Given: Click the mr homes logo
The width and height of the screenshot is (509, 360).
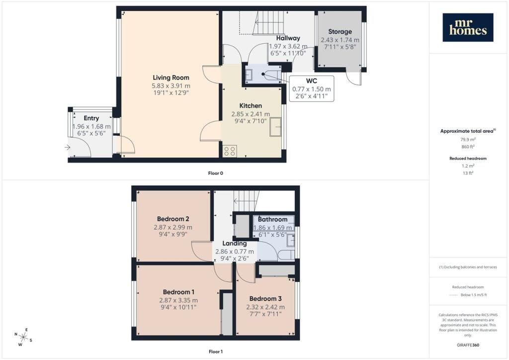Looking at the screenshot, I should pyautogui.click(x=468, y=27).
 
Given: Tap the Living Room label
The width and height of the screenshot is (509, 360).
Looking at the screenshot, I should pyautogui.click(x=170, y=78).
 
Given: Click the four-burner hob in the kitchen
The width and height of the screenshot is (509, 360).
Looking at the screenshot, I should pyautogui.click(x=230, y=151).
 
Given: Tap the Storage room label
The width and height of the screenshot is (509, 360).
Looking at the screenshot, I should pyautogui.click(x=339, y=32).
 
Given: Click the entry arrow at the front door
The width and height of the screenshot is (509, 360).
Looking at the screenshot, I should pyautogui.click(x=68, y=147).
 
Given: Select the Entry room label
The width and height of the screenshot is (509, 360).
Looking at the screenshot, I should pyautogui.click(x=91, y=118).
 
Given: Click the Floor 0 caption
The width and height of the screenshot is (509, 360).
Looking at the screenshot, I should pyautogui.click(x=215, y=173).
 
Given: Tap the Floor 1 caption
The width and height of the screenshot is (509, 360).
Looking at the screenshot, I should pyautogui.click(x=215, y=352).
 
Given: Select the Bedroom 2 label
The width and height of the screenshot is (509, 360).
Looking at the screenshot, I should pyautogui.click(x=172, y=219).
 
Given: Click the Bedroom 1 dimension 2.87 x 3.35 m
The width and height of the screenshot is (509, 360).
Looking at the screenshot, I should pyautogui.click(x=178, y=300).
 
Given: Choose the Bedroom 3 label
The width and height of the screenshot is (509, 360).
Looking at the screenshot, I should pyautogui.click(x=265, y=299).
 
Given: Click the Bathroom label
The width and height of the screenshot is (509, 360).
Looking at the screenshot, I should pyautogui.click(x=272, y=219).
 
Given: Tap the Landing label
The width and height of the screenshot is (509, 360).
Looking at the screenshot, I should pyautogui.click(x=234, y=244).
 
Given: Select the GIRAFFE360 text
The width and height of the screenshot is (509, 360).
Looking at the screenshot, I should pyautogui.click(x=468, y=345).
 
